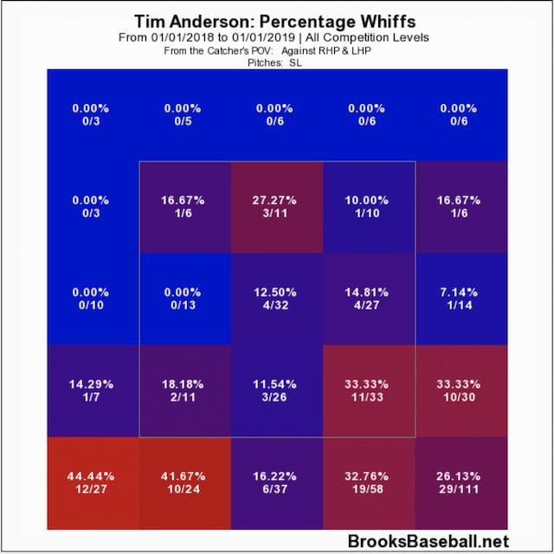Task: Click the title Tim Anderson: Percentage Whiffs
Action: [277, 20]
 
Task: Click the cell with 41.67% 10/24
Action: [184, 482]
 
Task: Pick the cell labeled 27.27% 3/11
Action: [276, 206]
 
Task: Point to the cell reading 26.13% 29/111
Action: [461, 482]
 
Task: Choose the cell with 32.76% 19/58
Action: [369, 482]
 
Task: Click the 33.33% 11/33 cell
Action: [369, 390]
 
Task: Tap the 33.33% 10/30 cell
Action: [461, 390]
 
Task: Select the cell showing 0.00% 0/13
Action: [184, 299]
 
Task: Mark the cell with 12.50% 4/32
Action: [276, 299]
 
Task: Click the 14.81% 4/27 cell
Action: [369, 299]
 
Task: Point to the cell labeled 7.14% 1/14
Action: [461, 299]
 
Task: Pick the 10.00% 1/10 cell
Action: [369, 206]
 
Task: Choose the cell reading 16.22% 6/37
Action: [276, 482]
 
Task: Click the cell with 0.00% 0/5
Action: [184, 114]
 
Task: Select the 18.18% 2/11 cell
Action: [184, 390]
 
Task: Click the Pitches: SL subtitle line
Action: [277, 61]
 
